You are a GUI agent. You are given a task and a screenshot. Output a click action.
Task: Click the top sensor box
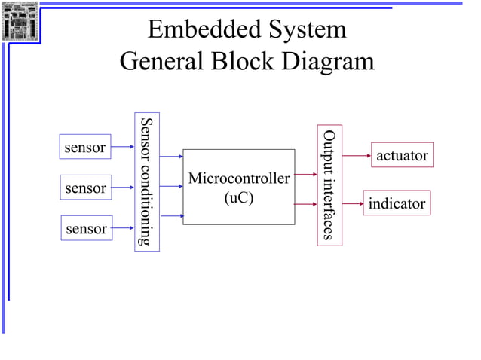(85, 147)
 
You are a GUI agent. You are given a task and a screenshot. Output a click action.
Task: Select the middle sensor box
(85, 188)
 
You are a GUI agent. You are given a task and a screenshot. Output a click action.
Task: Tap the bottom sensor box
(85, 228)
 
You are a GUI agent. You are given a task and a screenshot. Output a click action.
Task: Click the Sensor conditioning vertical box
(147, 182)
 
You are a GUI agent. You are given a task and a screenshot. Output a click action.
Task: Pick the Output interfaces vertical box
(329, 185)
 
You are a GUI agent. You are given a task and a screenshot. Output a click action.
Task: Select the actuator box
(402, 155)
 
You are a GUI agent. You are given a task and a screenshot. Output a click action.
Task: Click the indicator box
(397, 203)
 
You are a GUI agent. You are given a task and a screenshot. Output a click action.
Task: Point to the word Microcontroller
(238, 179)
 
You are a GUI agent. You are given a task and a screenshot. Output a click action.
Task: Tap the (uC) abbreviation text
(238, 198)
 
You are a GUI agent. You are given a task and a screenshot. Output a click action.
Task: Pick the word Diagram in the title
(328, 61)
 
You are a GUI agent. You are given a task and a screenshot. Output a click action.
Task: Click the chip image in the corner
(20, 21)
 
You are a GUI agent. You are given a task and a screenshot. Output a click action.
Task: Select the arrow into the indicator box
(352, 203)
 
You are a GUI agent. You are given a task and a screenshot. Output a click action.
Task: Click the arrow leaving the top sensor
(123, 147)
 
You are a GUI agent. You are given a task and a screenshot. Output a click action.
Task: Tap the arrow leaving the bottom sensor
(123, 227)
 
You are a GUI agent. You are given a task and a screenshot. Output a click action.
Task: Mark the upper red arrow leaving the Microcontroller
(305, 175)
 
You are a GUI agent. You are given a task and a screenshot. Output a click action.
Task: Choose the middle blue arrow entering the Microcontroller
(171, 187)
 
